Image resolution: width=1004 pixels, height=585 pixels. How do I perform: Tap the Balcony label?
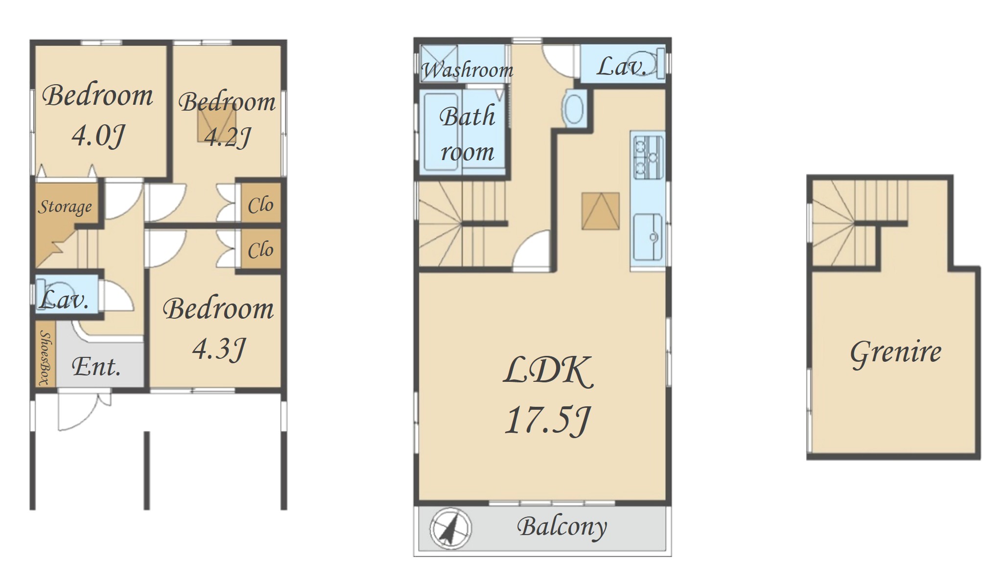click(x=562, y=527)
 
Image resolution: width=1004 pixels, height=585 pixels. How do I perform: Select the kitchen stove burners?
click(x=647, y=157)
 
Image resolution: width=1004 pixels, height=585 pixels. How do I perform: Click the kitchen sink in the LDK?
click(x=648, y=237)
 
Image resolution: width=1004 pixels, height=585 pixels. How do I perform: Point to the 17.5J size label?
click(x=548, y=421)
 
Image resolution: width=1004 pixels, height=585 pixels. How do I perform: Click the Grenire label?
click(x=895, y=353)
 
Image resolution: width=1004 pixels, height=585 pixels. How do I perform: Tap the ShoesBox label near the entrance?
click(x=45, y=357)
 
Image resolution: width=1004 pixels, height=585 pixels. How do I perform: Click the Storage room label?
click(x=65, y=207)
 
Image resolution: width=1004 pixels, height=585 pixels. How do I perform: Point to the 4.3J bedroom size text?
click(x=219, y=349)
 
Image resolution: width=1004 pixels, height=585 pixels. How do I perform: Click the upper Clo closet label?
click(x=260, y=205)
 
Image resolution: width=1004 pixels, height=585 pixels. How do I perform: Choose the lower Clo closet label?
click(x=260, y=250)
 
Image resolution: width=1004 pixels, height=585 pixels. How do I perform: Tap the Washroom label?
click(x=467, y=70)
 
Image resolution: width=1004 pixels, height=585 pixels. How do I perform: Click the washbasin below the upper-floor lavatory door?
click(x=574, y=109)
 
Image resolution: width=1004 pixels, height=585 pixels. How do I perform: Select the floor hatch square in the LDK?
click(x=601, y=211)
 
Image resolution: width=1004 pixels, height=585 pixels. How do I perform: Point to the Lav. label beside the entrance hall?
click(x=64, y=299)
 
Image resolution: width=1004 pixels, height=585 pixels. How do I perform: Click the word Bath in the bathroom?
click(x=467, y=116)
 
